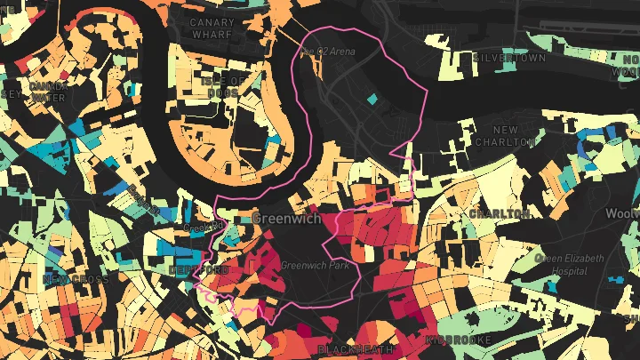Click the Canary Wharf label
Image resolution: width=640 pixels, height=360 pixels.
pyautogui.click(x=212, y=28)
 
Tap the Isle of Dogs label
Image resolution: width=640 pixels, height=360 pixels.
pyautogui.click(x=219, y=87)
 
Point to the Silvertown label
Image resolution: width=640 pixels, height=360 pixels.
pyautogui.click(x=511, y=58)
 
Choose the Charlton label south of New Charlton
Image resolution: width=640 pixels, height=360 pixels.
pyautogui.click(x=500, y=214)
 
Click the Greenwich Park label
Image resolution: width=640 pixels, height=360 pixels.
pyautogui.click(x=315, y=265)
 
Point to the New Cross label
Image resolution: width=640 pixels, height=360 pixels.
pyautogui.click(x=75, y=280)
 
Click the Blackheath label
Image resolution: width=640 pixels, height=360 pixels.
pyautogui.click(x=356, y=349)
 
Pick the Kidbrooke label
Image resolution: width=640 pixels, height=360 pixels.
pyautogui.click(x=458, y=340)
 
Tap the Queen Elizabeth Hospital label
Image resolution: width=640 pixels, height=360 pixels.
pyautogui.click(x=569, y=264)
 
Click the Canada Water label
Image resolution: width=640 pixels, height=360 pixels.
pyautogui.click(x=48, y=92)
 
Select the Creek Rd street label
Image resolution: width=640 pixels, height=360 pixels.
pyautogui.click(x=197, y=228)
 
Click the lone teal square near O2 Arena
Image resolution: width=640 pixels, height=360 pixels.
pyautogui.click(x=372, y=100)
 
